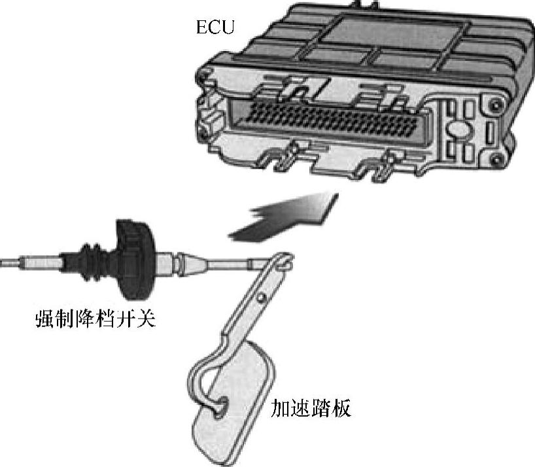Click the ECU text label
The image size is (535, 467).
coord(215,27)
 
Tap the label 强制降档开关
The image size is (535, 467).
coord(95,319)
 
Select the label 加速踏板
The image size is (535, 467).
coord(311,408)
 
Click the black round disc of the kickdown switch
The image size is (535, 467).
coord(135,260)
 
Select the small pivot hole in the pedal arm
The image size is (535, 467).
coord(262,297)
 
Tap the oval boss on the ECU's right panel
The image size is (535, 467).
coord(459,130)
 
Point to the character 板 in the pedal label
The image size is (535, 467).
coord(341,408)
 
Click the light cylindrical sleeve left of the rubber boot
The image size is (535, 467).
coord(41,263)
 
